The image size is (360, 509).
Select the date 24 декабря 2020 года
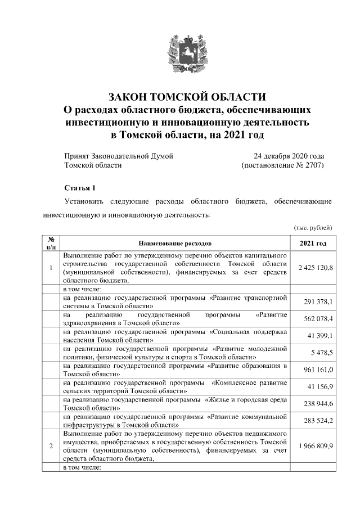point(289,155)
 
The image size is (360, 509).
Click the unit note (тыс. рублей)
point(313,227)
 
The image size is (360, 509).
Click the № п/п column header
point(51,244)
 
